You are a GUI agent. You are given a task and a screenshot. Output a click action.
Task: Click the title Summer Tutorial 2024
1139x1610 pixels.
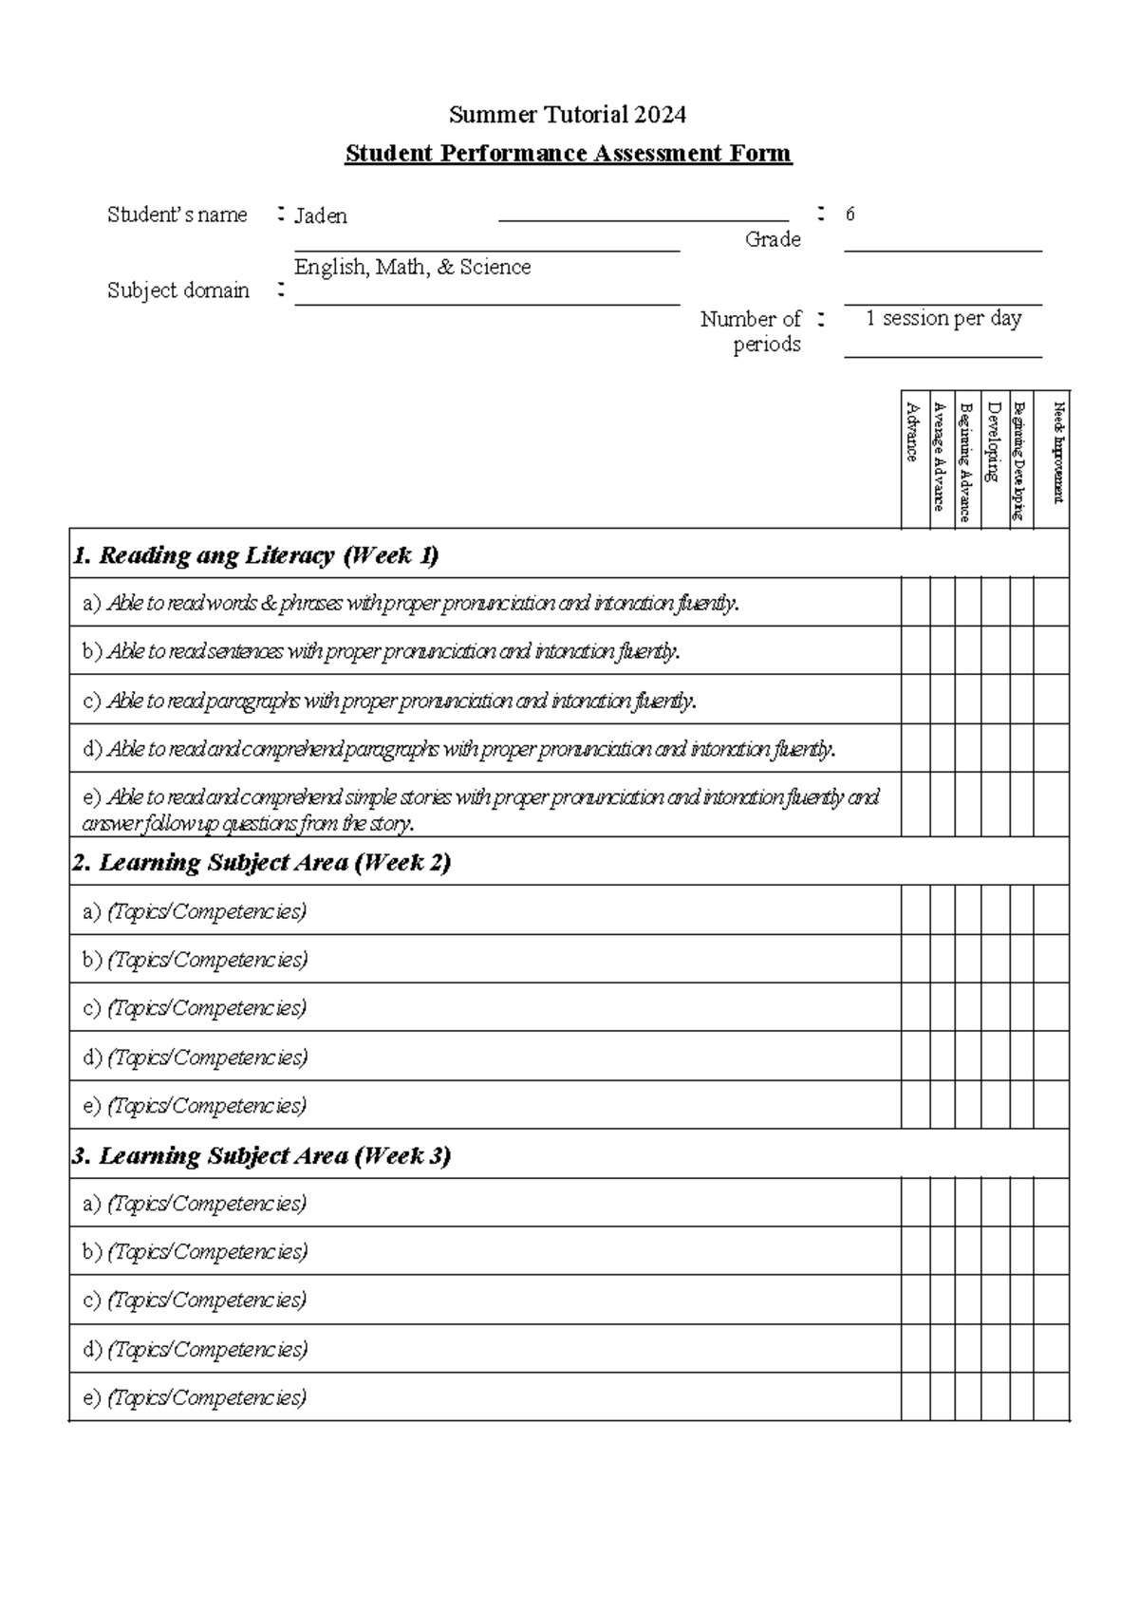click(x=567, y=115)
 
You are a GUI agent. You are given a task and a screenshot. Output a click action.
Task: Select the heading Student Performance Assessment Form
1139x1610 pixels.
click(x=568, y=153)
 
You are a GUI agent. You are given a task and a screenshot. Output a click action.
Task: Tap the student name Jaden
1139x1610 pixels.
click(x=321, y=215)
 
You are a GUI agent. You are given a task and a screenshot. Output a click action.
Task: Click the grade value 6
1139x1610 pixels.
click(x=850, y=215)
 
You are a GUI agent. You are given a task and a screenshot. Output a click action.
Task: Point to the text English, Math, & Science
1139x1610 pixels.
click(x=412, y=267)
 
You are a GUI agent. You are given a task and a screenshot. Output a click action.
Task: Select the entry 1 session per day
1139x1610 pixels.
click(x=943, y=318)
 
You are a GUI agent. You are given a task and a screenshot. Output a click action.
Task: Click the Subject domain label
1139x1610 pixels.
click(x=177, y=290)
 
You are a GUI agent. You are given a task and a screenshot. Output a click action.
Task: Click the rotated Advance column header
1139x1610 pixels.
click(x=913, y=433)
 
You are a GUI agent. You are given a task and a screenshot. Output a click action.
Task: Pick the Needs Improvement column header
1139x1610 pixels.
click(x=1058, y=453)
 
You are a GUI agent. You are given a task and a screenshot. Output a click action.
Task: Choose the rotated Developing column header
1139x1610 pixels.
click(x=994, y=441)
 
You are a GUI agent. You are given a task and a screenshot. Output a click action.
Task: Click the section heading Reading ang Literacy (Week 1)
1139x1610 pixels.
click(x=255, y=554)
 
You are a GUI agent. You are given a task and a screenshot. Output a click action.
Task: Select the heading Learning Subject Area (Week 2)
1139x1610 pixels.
click(x=261, y=862)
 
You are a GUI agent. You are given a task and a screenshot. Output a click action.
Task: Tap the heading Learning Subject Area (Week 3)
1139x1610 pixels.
click(x=261, y=1155)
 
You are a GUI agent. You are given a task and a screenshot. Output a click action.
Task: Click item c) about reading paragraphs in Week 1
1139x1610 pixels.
click(x=389, y=701)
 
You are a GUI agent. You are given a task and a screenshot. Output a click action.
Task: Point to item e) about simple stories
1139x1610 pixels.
click(x=480, y=809)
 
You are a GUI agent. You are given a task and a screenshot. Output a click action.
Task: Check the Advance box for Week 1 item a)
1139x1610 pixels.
click(x=915, y=602)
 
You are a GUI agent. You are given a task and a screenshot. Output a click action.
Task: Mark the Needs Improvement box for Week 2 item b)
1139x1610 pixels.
click(x=1051, y=959)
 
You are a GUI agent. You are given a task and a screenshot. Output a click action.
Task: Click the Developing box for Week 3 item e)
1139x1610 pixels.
click(x=995, y=1396)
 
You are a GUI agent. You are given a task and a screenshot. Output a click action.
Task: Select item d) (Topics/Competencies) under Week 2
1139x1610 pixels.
click(x=196, y=1057)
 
